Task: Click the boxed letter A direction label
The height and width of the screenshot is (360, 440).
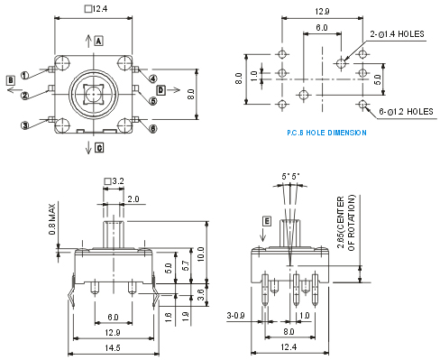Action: coord(99,41)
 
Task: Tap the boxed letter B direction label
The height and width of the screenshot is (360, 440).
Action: coord(11,80)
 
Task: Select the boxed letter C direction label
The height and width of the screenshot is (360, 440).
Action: coord(99,148)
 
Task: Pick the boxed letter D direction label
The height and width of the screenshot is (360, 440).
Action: coord(161,89)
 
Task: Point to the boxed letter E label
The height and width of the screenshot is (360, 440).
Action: coord(267,221)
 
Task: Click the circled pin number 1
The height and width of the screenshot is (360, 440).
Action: coord(24,75)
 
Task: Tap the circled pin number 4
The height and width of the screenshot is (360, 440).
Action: coord(153,78)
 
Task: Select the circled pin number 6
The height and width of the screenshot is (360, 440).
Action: coord(153,129)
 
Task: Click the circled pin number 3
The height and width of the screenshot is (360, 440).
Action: coord(25,125)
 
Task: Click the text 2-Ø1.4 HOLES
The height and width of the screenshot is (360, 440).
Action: coord(397,34)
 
